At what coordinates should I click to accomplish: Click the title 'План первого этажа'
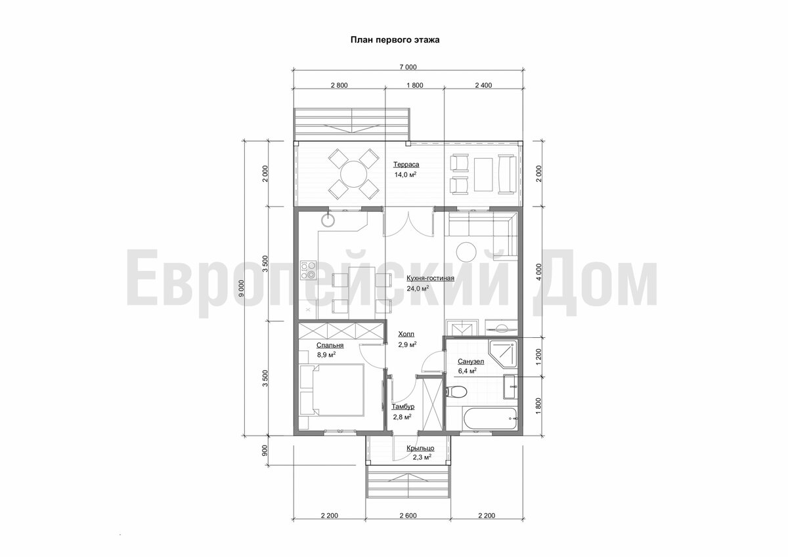click(x=395, y=40)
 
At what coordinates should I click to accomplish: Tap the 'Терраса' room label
click(x=406, y=165)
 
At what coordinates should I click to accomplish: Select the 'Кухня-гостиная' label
click(x=430, y=278)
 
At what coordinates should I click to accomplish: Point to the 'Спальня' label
click(x=330, y=345)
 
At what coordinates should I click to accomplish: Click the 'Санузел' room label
click(x=471, y=361)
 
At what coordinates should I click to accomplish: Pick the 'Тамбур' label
click(x=403, y=407)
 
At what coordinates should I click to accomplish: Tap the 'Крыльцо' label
click(x=420, y=448)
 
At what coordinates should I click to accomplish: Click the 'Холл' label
click(x=406, y=334)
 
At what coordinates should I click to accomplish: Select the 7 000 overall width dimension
click(x=408, y=67)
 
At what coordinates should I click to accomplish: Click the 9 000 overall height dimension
click(x=242, y=288)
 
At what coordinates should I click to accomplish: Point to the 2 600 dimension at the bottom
click(x=408, y=516)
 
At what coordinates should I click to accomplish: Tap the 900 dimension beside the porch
click(x=265, y=451)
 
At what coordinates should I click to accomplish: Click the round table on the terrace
click(x=354, y=174)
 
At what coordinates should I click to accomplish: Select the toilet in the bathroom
click(x=456, y=392)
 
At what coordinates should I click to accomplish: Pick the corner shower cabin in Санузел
click(x=503, y=354)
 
